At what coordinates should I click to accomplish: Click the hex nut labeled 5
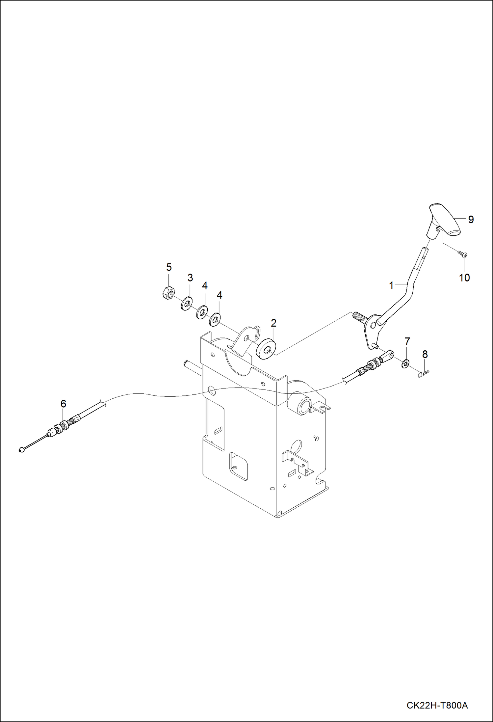[x=169, y=293]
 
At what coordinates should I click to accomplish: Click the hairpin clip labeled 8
[x=423, y=374]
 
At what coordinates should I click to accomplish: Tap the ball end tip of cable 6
[x=22, y=450]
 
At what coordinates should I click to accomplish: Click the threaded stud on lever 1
[x=359, y=317]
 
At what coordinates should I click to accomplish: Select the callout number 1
[x=391, y=285]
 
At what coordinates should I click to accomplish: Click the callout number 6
[x=63, y=404]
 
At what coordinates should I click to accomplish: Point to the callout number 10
[x=464, y=278]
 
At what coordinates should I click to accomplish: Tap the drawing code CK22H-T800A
[x=437, y=705]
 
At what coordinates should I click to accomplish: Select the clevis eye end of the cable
[x=387, y=355]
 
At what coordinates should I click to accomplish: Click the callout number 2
[x=273, y=323]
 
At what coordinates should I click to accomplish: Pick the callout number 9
[x=471, y=220]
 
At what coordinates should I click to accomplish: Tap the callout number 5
[x=169, y=267]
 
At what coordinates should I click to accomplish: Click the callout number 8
[x=425, y=354]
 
